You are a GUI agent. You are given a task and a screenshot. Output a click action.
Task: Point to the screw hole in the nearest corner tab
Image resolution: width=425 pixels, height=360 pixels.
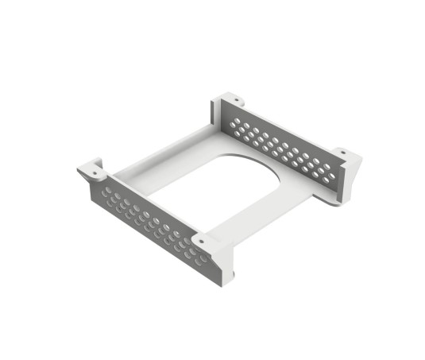click(x=202, y=240)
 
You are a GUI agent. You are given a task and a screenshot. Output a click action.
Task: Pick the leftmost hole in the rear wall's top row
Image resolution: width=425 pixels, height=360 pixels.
click(x=236, y=120)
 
